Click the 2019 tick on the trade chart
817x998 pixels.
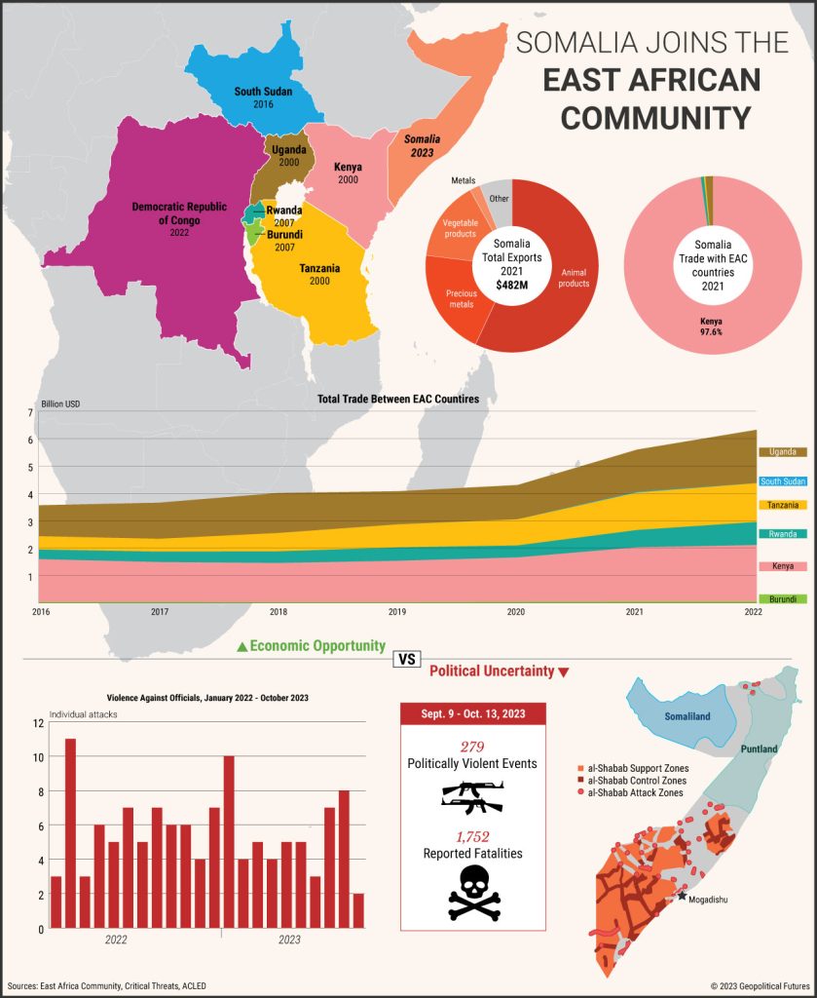click(x=396, y=612)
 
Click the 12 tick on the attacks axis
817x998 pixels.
click(x=38, y=723)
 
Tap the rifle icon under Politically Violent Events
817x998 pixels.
click(x=472, y=796)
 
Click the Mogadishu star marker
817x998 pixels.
click(x=683, y=895)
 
